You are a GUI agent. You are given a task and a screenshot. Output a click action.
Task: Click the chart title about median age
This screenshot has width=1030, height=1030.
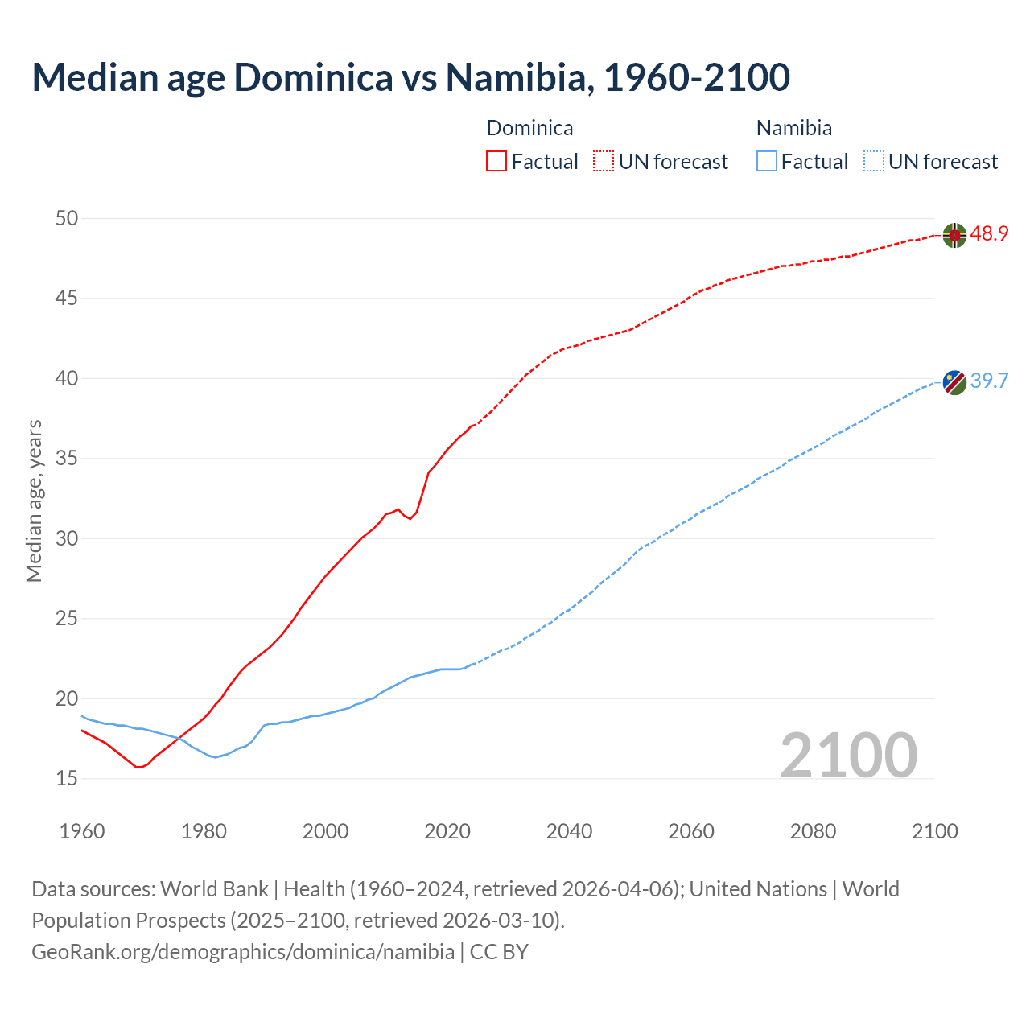click(410, 77)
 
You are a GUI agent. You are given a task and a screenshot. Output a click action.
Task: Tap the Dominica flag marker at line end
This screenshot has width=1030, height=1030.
click(954, 235)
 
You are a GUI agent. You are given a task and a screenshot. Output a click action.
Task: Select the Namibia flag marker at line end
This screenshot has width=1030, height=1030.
click(954, 382)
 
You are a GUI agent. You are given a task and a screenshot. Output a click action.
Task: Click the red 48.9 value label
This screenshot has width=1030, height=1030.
click(989, 234)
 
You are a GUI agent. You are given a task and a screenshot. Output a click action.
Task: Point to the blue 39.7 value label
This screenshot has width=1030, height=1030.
click(989, 381)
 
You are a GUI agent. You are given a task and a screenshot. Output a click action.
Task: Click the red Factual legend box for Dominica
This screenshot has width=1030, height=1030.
click(496, 162)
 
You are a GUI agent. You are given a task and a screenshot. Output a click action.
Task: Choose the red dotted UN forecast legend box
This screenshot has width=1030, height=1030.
click(604, 162)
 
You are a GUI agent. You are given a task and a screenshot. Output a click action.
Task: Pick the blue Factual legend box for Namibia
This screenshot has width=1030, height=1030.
click(767, 162)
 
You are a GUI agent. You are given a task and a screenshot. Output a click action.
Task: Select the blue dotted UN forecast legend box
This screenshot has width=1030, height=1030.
click(874, 162)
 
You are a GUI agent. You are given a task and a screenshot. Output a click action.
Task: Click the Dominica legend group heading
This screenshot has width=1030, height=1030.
click(529, 128)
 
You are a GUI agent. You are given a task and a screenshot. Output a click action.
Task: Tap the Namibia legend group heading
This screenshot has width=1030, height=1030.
click(793, 128)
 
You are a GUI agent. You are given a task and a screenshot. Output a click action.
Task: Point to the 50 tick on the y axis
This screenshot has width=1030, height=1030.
click(68, 218)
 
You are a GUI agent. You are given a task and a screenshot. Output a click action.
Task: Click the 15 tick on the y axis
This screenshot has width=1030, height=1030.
click(68, 778)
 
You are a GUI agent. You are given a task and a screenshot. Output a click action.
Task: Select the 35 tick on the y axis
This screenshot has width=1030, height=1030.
click(68, 459)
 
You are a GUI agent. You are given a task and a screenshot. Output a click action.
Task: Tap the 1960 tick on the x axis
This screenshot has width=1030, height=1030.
click(82, 831)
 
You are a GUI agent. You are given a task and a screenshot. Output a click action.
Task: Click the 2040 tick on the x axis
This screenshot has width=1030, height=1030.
click(569, 831)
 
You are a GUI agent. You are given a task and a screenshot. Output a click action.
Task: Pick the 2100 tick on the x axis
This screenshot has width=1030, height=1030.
click(934, 831)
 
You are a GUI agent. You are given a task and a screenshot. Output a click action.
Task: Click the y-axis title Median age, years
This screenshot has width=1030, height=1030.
click(34, 501)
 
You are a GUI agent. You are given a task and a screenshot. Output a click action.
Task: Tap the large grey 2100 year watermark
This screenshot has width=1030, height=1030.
click(848, 755)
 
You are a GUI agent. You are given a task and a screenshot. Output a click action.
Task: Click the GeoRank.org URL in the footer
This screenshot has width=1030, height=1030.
click(243, 952)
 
